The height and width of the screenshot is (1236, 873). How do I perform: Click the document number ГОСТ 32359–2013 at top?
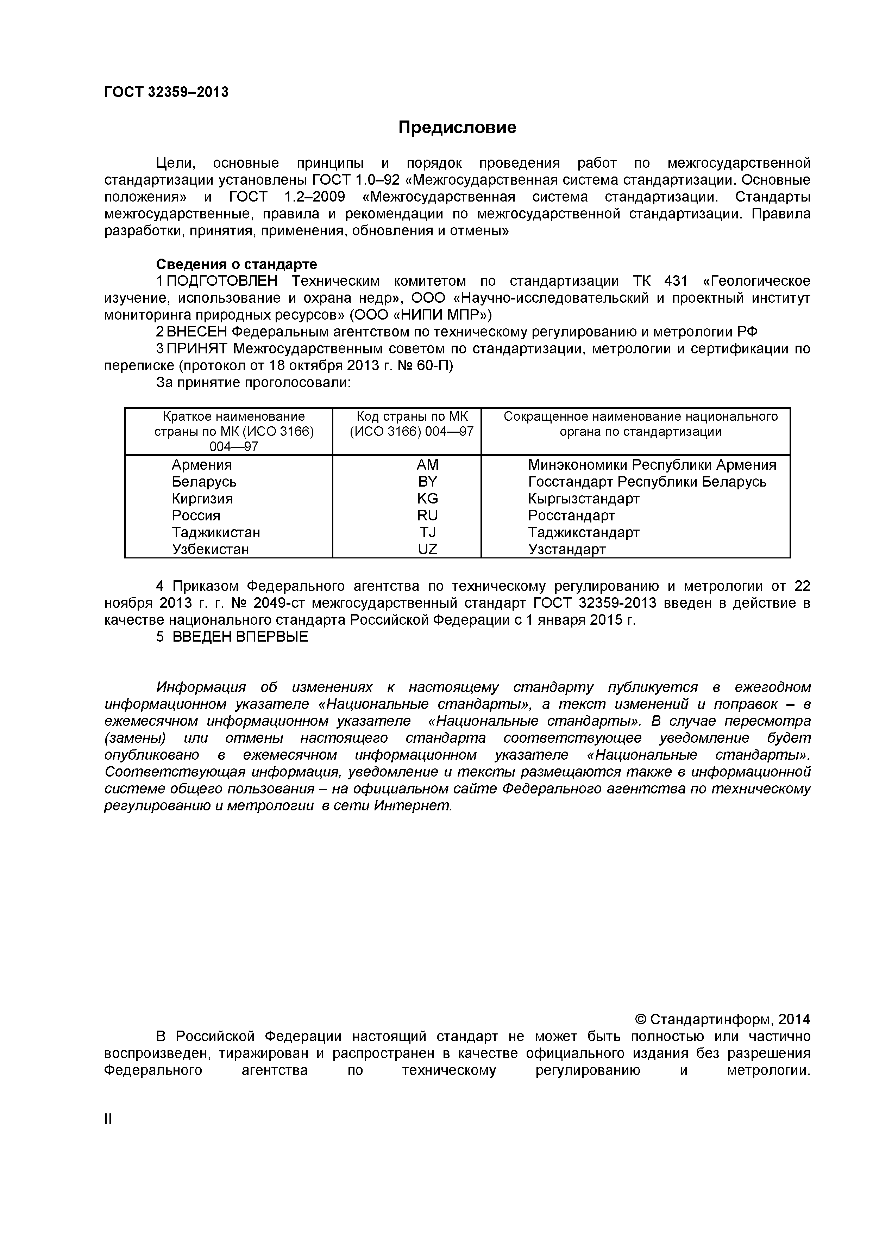166,92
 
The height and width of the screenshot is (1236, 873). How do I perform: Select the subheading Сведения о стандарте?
236,264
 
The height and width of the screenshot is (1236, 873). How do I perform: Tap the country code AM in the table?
428,465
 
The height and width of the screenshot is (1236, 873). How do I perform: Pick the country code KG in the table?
428,499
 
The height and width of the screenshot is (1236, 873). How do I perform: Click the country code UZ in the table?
428,549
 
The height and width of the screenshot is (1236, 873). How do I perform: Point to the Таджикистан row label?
216,532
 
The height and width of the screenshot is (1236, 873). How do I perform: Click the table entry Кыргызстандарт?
584,499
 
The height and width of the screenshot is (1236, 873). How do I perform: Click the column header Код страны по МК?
412,416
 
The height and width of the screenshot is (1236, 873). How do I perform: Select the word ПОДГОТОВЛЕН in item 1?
222,281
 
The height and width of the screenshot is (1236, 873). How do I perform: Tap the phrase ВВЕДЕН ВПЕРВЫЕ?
240,637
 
